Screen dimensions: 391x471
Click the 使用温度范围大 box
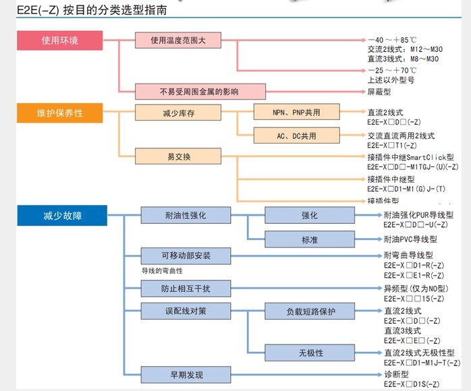click(x=179, y=40)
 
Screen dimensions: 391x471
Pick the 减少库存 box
click(x=179, y=113)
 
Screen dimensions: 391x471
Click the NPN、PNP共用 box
click(x=296, y=113)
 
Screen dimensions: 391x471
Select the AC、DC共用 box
click(x=296, y=136)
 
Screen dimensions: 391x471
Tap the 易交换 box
click(x=179, y=157)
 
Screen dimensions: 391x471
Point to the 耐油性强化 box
click(x=186, y=216)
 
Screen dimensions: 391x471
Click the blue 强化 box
click(x=310, y=216)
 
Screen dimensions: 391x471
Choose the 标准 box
click(x=310, y=239)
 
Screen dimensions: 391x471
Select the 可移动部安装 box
click(x=186, y=256)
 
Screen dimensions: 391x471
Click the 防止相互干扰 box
click(x=186, y=289)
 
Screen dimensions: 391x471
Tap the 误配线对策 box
click(x=186, y=311)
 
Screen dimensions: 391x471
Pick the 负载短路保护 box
click(x=310, y=311)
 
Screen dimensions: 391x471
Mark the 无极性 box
click(x=310, y=353)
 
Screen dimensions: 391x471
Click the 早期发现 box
click(x=186, y=375)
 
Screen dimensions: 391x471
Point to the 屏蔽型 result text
click(x=379, y=91)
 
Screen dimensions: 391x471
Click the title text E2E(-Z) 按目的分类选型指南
click(x=84, y=11)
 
